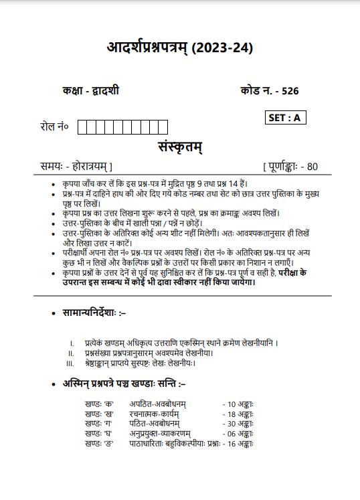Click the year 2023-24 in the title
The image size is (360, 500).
click(223, 48)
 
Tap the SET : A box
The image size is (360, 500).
click(284, 118)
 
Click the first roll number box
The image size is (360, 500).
click(82, 127)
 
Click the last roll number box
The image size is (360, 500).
click(163, 127)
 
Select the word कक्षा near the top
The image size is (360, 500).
click(69, 92)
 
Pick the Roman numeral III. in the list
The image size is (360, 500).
click(70, 363)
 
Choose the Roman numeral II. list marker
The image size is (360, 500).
click(70, 353)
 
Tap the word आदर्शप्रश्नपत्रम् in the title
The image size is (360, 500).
click(147, 48)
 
